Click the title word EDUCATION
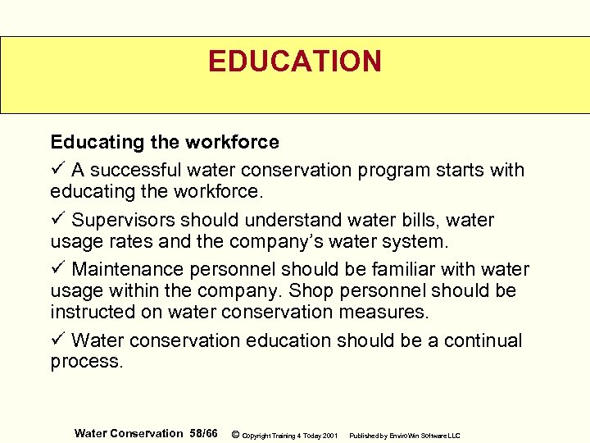[294, 62]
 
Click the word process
[86, 362]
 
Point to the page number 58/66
[203, 433]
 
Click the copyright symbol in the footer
[236, 434]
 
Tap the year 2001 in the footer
[329, 435]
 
